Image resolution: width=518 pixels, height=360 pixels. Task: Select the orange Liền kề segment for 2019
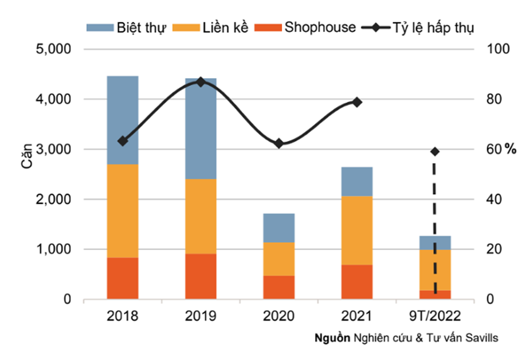(201, 216)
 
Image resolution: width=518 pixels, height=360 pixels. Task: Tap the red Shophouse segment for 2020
(279, 287)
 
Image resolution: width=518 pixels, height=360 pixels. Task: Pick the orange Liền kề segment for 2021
(357, 230)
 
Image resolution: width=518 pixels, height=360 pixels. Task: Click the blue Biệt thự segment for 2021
(357, 181)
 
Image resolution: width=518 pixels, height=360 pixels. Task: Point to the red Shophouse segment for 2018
(122, 278)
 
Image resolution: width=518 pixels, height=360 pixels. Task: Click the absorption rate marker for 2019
(200, 82)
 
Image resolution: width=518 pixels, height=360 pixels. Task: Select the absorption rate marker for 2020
(279, 143)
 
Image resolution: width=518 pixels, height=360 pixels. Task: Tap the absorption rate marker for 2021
(357, 102)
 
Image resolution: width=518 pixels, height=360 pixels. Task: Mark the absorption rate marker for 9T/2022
(435, 152)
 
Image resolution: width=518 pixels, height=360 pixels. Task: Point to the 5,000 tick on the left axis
(56, 49)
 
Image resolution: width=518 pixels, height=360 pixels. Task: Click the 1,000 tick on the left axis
(56, 250)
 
